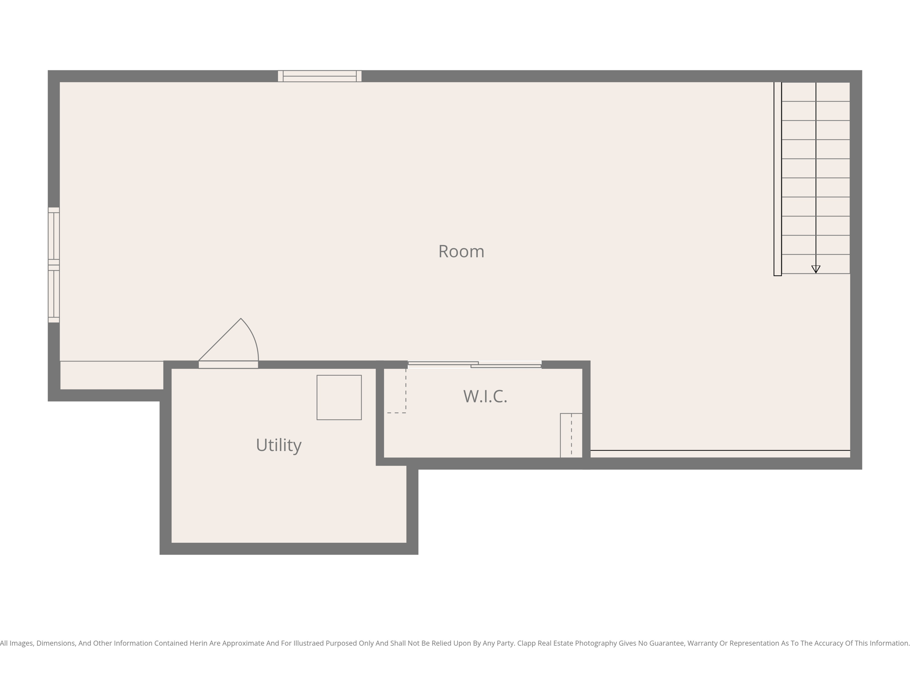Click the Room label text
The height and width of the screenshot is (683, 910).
[x=461, y=252]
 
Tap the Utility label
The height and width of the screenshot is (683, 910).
[x=279, y=445]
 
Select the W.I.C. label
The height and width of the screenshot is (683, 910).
[x=485, y=396]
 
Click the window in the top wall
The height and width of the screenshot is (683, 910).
[x=319, y=76]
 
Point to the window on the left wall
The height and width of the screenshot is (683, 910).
[x=54, y=265]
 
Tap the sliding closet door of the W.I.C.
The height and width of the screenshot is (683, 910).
[x=475, y=365]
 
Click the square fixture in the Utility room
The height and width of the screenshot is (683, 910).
[x=339, y=398]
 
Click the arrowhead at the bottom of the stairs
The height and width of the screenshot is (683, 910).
[x=816, y=269]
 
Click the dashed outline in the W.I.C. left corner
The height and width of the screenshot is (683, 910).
[x=396, y=391]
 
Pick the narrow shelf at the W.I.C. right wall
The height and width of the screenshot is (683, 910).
[x=571, y=435]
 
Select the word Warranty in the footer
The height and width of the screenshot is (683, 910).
[x=702, y=643]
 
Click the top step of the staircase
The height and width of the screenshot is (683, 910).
[x=816, y=92]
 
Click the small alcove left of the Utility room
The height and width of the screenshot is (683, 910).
[x=112, y=375]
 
